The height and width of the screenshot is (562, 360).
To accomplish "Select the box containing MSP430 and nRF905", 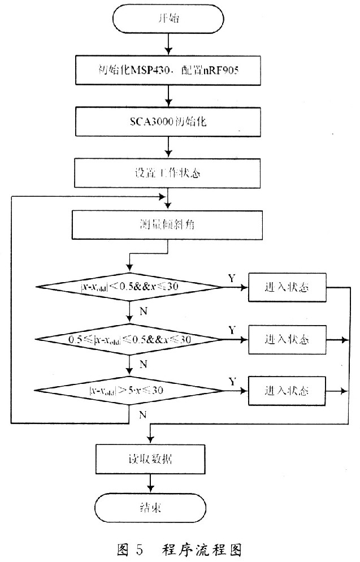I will (168, 71).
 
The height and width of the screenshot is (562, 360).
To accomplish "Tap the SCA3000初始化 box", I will (168, 121).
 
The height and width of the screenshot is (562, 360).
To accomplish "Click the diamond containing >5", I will (131, 390).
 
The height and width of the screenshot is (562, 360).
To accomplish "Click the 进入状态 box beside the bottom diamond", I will (287, 391).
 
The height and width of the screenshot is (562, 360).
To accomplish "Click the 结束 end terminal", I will (150, 506).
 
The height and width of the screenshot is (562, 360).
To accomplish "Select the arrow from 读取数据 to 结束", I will (150, 481).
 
